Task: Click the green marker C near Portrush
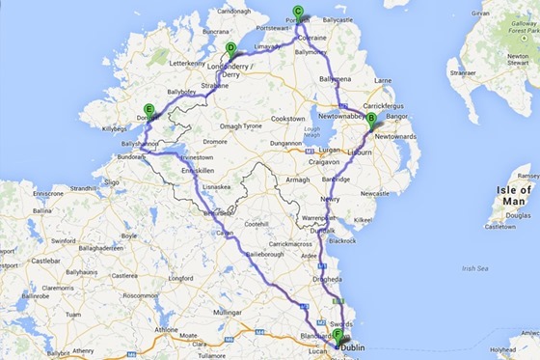click(x=297, y=13)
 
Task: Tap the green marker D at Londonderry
click(x=230, y=49)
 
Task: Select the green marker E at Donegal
click(x=148, y=109)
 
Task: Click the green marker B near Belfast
click(x=371, y=119)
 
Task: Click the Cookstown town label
click(x=288, y=118)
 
